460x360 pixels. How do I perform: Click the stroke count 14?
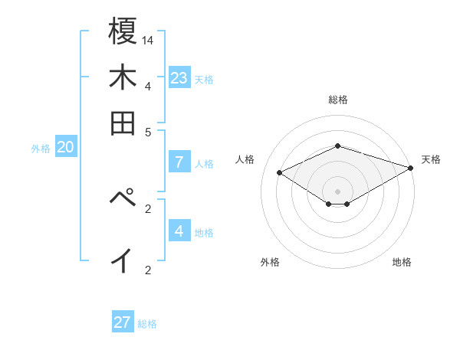point(148,39)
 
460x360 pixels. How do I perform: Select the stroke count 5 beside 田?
point(148,131)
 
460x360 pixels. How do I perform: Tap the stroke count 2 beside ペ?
point(148,208)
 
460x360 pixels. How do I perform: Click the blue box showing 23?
point(179,77)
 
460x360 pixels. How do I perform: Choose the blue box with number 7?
point(179,162)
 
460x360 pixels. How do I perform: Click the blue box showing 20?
point(65,148)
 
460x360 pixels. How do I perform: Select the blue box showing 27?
point(123,322)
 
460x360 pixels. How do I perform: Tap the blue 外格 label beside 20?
point(41,149)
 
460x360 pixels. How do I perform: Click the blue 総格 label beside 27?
point(147,324)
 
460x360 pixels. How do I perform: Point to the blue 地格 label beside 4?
point(204,233)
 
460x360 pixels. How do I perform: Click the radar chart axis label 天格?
point(431,159)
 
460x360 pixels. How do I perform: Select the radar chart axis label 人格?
point(245,159)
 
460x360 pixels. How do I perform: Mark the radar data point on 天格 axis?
point(411,168)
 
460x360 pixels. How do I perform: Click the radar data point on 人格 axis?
point(280,173)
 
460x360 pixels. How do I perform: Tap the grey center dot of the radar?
point(337,191)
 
